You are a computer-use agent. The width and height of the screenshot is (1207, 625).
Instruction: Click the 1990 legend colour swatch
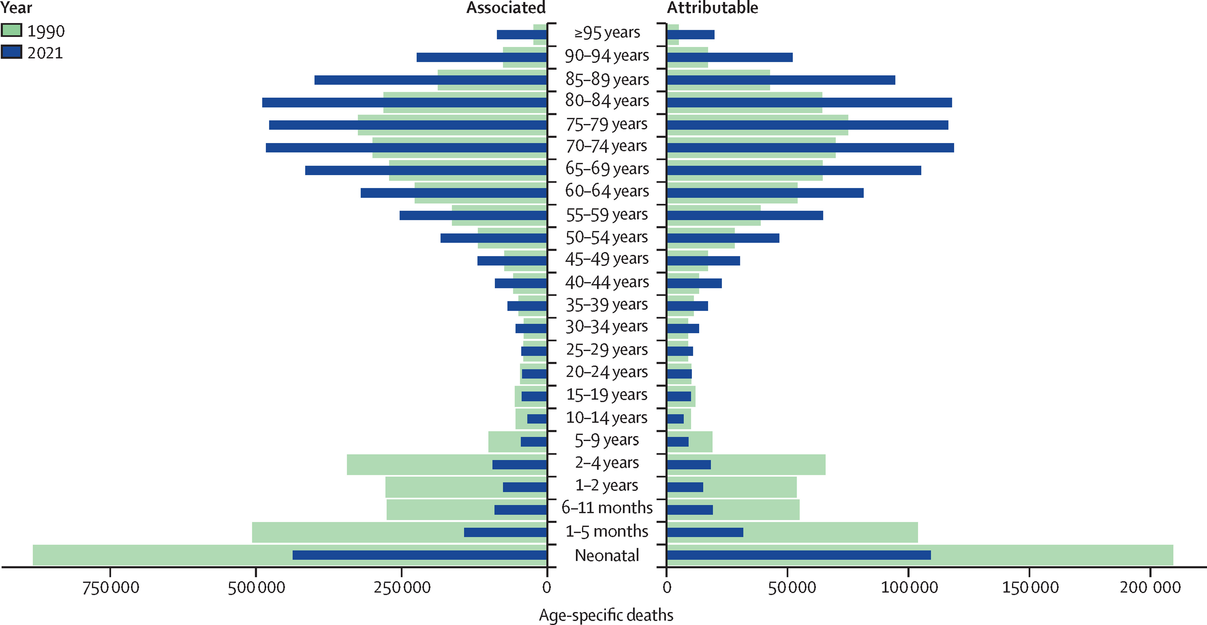pos(11,30)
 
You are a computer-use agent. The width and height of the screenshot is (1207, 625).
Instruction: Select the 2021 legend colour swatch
pos(11,52)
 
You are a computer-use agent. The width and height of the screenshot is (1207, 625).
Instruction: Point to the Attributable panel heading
pos(712,8)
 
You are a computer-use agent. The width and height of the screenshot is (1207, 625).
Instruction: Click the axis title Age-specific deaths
pos(606,615)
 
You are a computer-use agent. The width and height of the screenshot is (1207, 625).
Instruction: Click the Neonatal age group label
pos(607,555)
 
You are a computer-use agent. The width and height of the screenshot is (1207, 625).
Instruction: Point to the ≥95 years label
pos(607,33)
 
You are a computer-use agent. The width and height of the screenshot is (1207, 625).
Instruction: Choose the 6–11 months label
pos(607,507)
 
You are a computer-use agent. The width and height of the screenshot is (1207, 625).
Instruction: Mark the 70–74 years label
pos(607,146)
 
